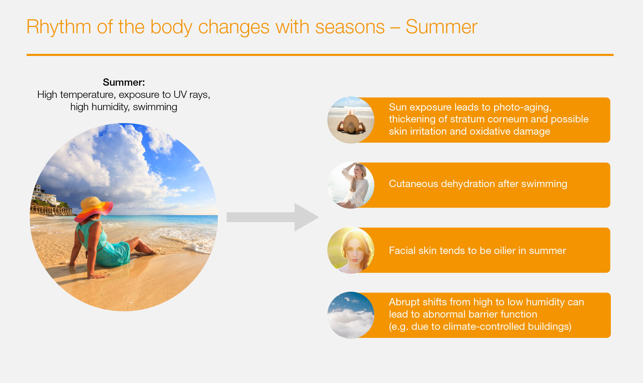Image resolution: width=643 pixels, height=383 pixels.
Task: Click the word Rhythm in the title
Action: click(59, 27)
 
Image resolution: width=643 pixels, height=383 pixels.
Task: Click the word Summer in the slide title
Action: click(441, 27)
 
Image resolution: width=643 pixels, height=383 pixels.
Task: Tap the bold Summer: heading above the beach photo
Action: click(124, 82)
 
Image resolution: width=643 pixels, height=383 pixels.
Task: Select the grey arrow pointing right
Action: click(273, 217)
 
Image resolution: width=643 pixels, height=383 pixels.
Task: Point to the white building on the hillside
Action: click(44, 196)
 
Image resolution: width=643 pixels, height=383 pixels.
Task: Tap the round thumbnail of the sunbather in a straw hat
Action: click(351, 120)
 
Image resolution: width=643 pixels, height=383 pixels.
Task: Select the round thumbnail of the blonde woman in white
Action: click(351, 185)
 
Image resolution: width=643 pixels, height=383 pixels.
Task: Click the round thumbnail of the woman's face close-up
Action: click(351, 250)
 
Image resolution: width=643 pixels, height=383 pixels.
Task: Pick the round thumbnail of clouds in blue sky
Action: click(351, 315)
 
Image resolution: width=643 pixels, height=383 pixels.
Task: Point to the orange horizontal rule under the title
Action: click(320, 55)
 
